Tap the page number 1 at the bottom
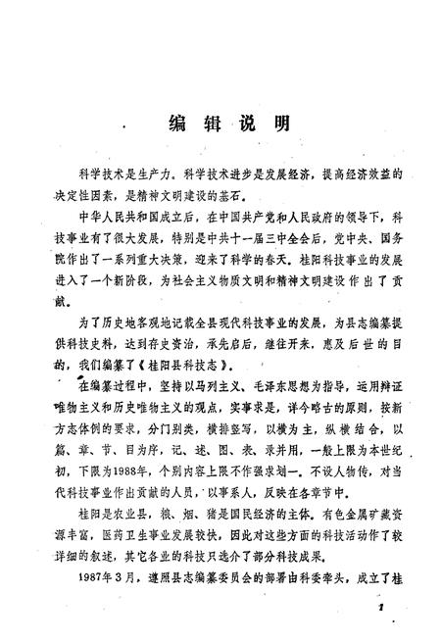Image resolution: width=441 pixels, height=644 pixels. [x=375, y=608]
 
